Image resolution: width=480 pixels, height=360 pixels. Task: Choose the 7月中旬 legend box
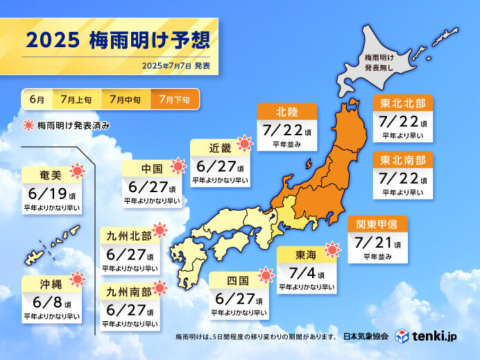[x=126, y=99]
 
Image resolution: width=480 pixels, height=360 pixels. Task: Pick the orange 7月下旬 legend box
[x=174, y=99]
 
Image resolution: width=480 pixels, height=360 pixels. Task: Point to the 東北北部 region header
[x=403, y=103]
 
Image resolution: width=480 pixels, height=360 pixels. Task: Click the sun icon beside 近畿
[x=244, y=144]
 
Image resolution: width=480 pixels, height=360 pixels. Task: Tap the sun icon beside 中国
[x=178, y=166]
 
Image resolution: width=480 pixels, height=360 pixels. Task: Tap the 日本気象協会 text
[x=366, y=338]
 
